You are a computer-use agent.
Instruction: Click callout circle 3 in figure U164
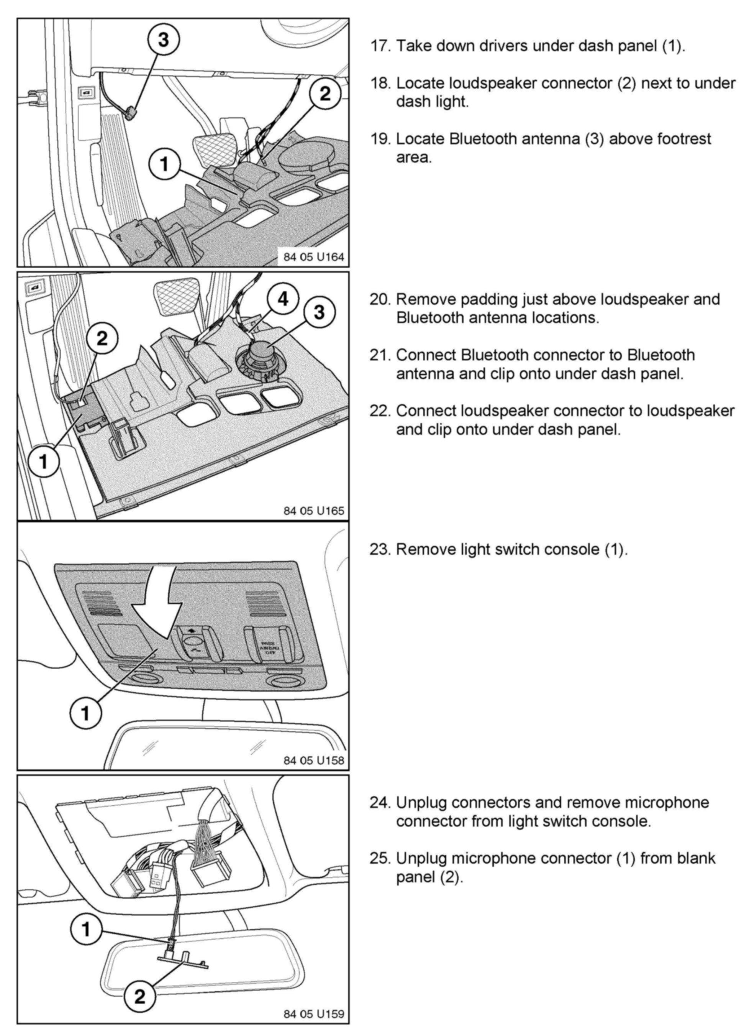click(x=163, y=40)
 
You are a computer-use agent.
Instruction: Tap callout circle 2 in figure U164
click(x=325, y=94)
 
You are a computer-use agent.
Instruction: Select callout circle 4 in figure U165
click(x=283, y=300)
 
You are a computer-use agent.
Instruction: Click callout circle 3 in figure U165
click(x=319, y=312)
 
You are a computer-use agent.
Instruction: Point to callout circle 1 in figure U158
click(x=86, y=713)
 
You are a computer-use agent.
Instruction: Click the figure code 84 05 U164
click(x=313, y=257)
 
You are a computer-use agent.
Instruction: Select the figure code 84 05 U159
click(x=313, y=1014)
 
